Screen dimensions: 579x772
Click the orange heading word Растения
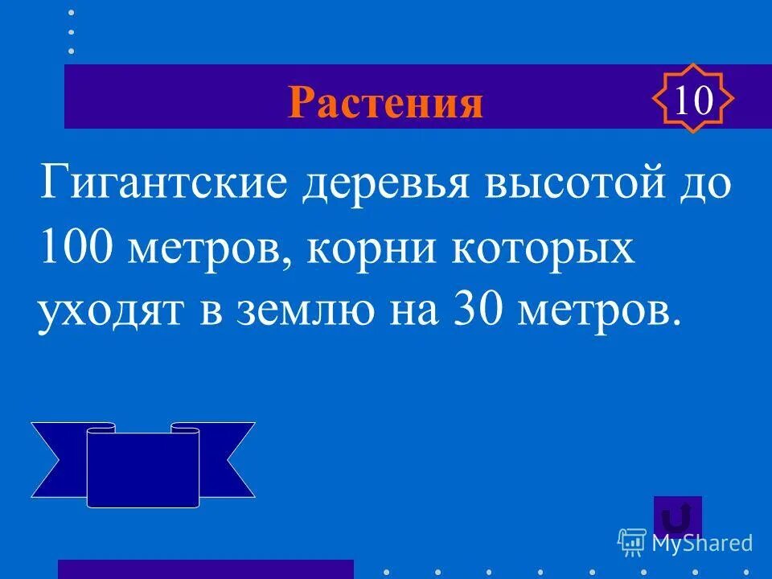pyautogui.click(x=386, y=102)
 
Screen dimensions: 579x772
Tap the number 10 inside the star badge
pyautogui.click(x=692, y=101)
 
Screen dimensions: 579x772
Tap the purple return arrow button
pyautogui.click(x=678, y=516)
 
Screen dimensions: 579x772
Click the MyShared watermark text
pyautogui.click(x=701, y=544)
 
